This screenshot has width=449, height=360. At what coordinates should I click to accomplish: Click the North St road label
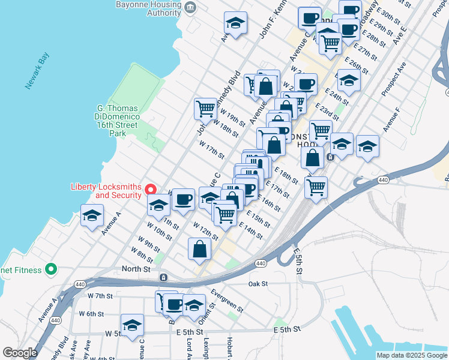point(136,269)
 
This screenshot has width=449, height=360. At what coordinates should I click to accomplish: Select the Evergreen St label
point(226,301)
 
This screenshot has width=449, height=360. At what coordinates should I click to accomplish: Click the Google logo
point(20,353)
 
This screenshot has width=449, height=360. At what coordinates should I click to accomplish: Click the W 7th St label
point(100,296)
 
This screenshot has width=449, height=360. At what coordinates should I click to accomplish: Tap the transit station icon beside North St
point(163,277)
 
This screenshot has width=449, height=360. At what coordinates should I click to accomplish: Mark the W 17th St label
point(212,148)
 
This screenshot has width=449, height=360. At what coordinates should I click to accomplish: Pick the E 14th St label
point(250,230)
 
